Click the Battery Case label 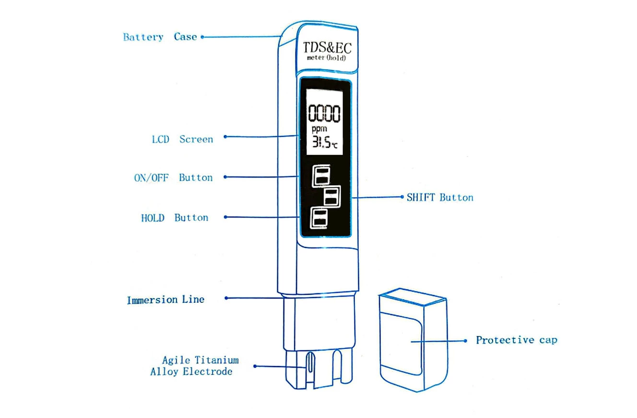160,37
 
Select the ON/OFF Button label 173,178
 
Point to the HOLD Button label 175,218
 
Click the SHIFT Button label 440,197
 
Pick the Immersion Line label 165,300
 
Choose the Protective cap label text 516,340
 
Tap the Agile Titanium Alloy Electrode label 194,366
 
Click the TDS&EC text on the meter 327,48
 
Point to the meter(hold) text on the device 326,59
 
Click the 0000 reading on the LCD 324,114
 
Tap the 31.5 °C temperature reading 325,142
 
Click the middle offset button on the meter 331,196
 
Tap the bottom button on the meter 319,218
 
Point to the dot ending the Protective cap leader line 465,341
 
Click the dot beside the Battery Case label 202,36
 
